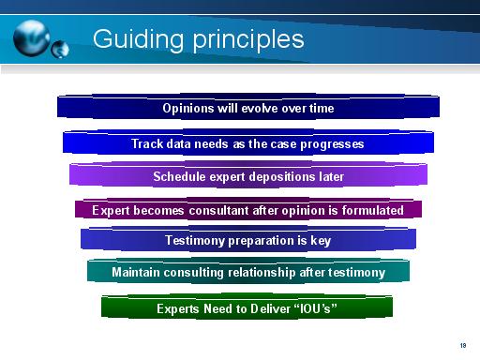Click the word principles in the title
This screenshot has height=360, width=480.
243,40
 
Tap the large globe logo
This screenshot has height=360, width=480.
34,37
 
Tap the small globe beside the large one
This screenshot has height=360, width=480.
61,46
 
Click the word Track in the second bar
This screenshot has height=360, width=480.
147,144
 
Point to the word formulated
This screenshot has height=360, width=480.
370,210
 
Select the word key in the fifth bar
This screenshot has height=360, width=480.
320,240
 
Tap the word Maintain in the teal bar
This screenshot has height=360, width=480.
139,273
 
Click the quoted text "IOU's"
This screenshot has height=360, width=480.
314,307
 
